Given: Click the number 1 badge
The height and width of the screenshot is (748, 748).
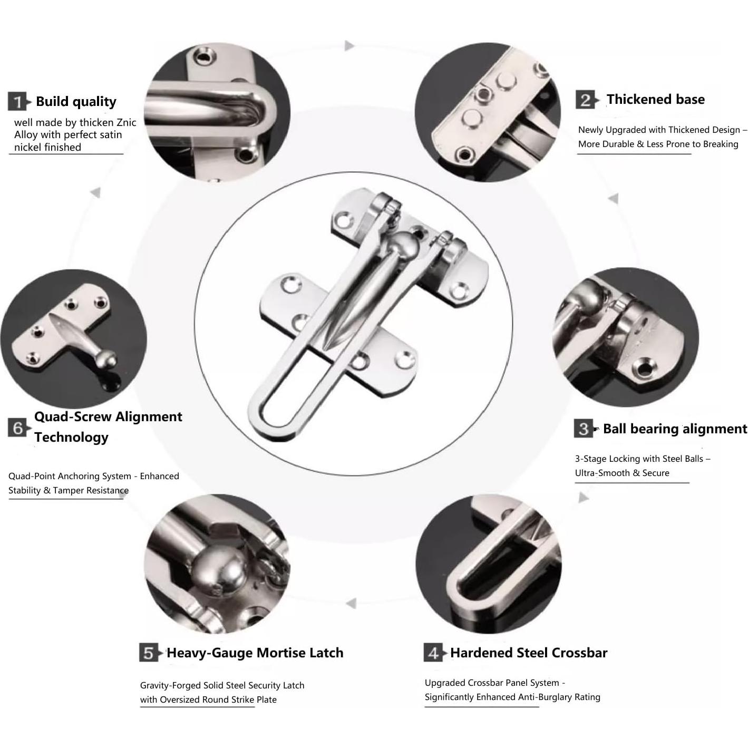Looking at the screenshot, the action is (17, 101).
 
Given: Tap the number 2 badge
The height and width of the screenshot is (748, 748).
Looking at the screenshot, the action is (585, 100).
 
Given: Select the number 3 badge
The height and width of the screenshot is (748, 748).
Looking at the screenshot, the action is (584, 428).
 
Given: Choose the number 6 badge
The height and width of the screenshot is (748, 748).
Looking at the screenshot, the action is (17, 428).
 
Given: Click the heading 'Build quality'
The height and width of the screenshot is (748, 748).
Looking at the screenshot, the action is (76, 101).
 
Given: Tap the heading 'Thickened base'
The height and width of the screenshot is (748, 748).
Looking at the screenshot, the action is (656, 100).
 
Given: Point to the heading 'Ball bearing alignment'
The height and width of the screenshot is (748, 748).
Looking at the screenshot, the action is (675, 429).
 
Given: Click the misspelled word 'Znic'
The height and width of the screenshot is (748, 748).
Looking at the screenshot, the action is (126, 123).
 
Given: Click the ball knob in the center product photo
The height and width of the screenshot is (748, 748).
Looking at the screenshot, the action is (404, 246).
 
